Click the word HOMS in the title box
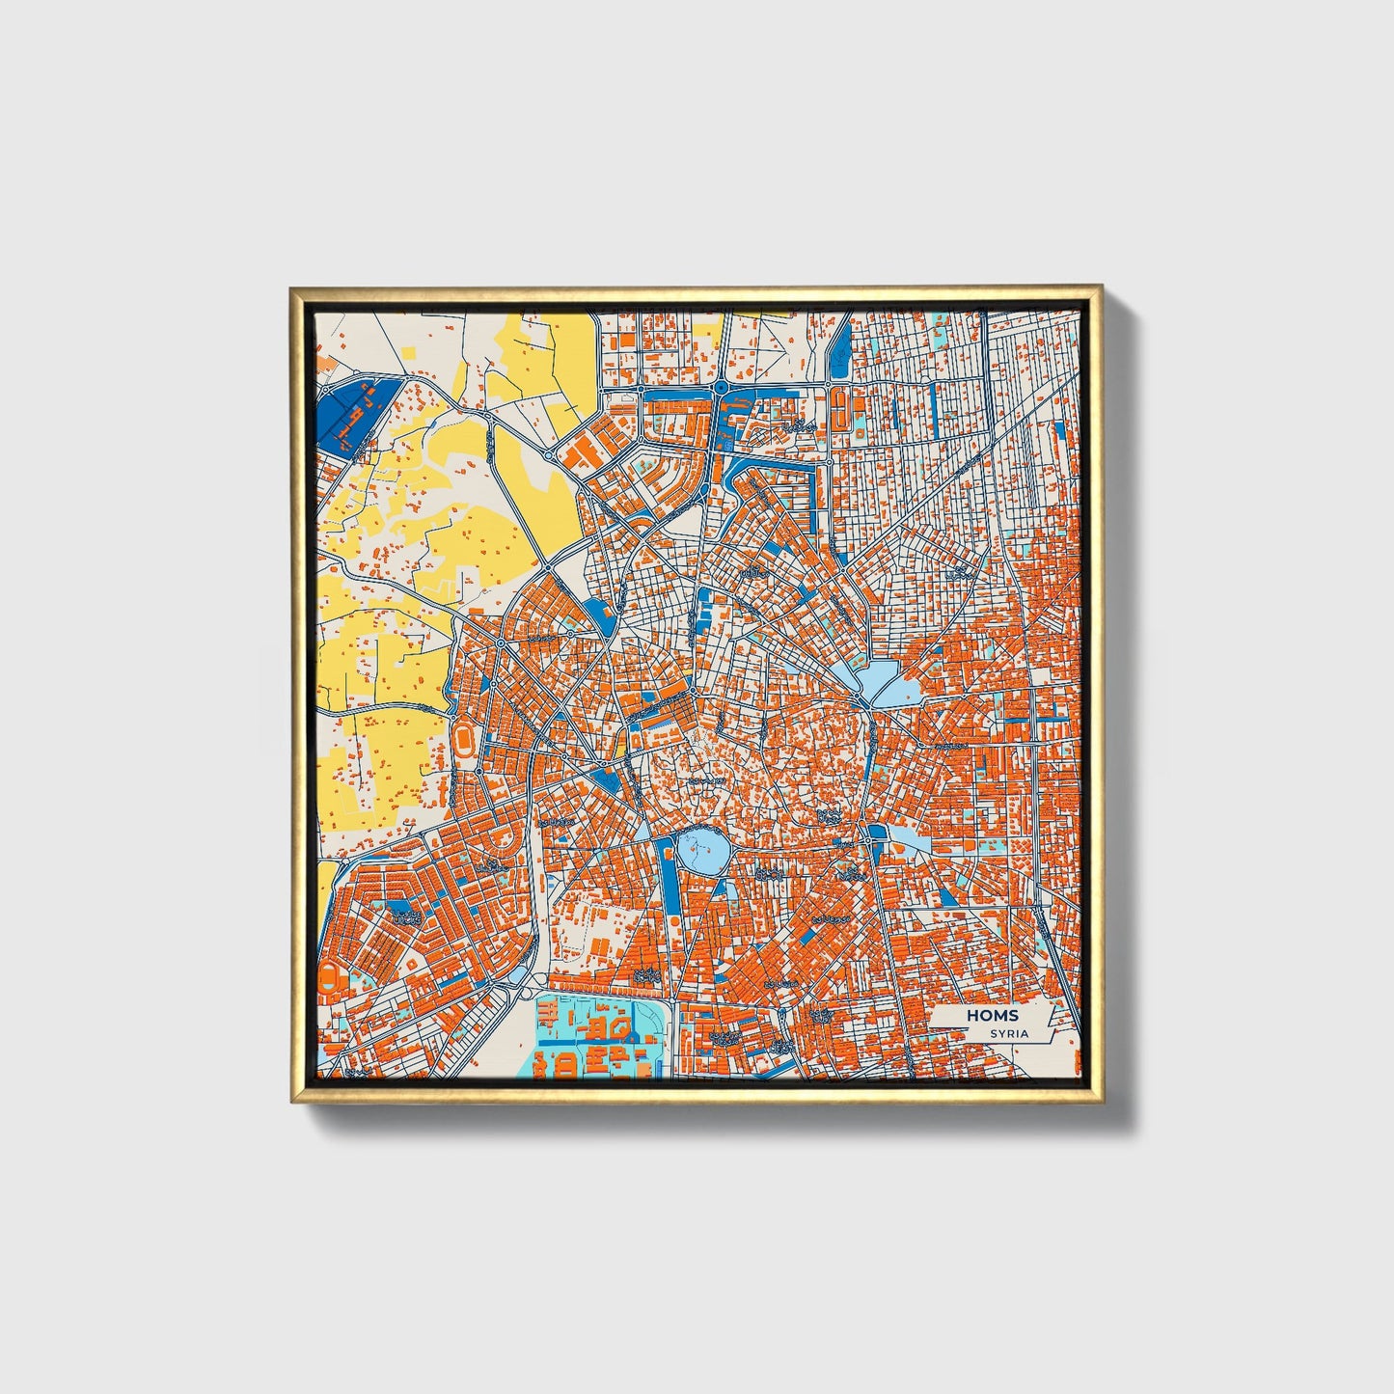(x=993, y=1016)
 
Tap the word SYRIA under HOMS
(x=1008, y=1033)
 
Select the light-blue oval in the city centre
(x=702, y=851)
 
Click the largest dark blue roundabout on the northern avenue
(x=722, y=387)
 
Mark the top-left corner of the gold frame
(x=291, y=287)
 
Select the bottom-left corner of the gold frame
(x=291, y=1101)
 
